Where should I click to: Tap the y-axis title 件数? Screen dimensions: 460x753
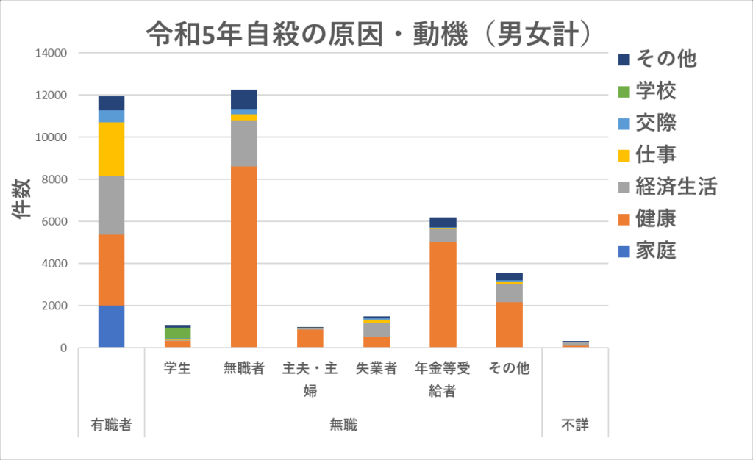(x=23, y=200)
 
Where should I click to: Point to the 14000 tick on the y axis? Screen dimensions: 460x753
(x=49, y=54)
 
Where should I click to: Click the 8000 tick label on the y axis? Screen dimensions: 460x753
(x=52, y=179)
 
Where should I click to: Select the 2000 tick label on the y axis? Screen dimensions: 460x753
(x=52, y=306)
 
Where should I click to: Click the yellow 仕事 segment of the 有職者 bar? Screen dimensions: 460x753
(x=111, y=149)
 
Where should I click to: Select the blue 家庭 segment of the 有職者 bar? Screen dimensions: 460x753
(x=111, y=326)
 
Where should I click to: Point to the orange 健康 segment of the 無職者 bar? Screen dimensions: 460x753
(x=243, y=256)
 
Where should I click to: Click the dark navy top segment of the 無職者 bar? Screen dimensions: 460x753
(x=243, y=99)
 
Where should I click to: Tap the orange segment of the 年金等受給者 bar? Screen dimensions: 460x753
(x=443, y=294)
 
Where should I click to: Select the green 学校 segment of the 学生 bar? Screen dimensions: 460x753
(x=177, y=333)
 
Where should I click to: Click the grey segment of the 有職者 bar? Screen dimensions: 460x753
(x=111, y=205)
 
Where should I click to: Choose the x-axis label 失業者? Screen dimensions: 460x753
(x=376, y=368)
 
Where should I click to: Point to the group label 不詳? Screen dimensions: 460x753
(x=575, y=425)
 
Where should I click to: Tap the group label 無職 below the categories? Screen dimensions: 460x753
(x=343, y=425)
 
